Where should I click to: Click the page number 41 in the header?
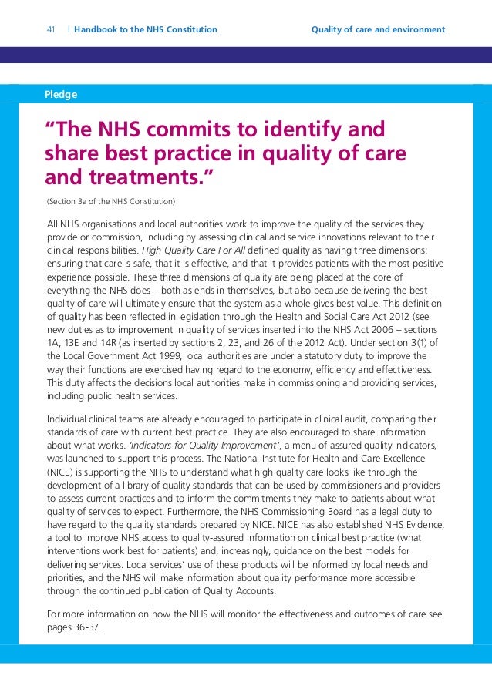[51, 30]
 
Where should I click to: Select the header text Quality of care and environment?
[378, 30]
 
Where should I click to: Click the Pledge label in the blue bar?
[62, 95]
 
